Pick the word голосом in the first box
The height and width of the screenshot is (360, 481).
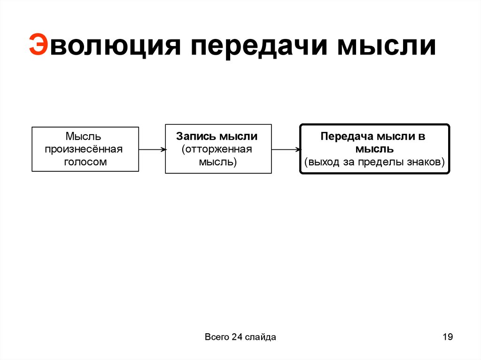[85, 162]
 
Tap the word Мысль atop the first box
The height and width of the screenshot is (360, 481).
[84, 137]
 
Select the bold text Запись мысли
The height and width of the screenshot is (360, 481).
[217, 137]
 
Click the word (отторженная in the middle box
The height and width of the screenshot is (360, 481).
[217, 149]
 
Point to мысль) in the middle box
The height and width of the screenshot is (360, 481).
[217, 162]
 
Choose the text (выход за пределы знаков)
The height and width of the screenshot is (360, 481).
[374, 162]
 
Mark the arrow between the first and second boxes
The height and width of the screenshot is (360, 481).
[152, 150]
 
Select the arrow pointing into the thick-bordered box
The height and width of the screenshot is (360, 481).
[286, 150]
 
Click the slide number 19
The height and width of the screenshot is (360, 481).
[447, 337]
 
